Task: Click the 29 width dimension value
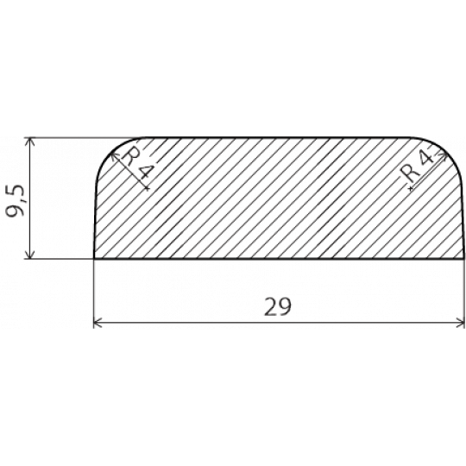(278, 306)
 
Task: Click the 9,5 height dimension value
(16, 201)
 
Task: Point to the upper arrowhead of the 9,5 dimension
(29, 142)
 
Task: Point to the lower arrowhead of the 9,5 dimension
(29, 255)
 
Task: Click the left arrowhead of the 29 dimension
(98, 322)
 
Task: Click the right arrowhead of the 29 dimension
(460, 322)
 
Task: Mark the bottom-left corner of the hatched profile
(94, 259)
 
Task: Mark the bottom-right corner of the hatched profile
(464, 259)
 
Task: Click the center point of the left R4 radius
(147, 188)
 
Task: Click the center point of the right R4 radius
(411, 188)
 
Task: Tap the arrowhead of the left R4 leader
(114, 156)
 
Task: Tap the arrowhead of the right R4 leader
(443, 155)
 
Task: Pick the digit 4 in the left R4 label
(144, 172)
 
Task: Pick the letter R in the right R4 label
(409, 173)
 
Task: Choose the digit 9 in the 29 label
(285, 306)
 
